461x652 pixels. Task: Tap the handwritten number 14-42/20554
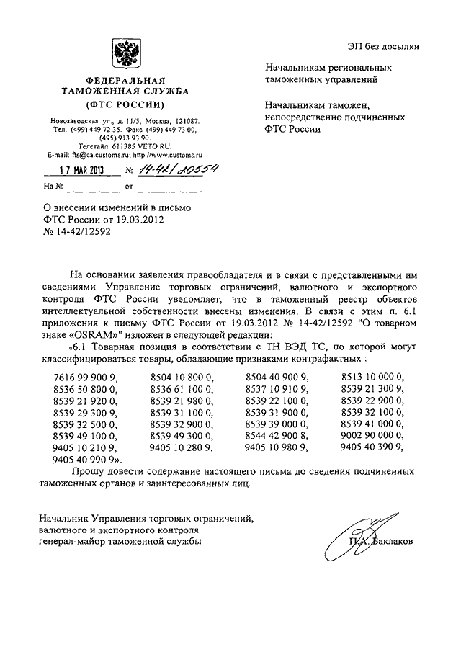tap(171, 169)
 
